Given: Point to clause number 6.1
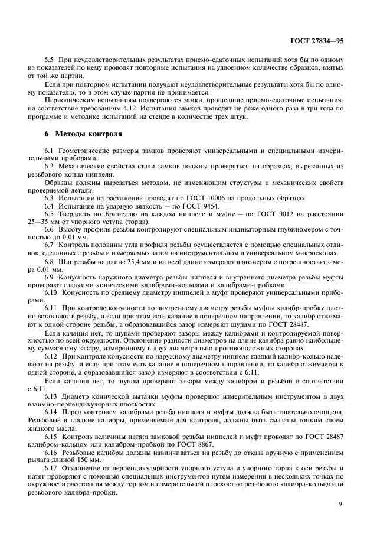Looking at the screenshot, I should (x=50, y=152).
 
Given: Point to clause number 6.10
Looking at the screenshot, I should (x=51, y=290).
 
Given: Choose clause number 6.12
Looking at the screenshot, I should (x=51, y=359).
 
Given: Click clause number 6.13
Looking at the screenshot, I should (x=51, y=397).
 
